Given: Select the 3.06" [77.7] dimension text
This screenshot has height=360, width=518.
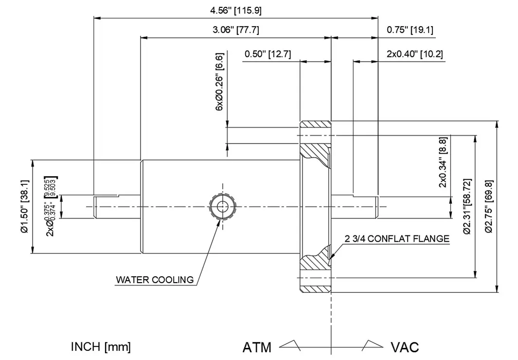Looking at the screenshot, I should click(x=235, y=30).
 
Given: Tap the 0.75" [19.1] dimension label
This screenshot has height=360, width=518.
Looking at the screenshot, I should click(x=410, y=30).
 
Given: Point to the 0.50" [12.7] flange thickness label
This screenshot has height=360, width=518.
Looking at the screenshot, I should click(x=268, y=54).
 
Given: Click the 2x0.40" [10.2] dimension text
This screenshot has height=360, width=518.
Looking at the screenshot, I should click(x=414, y=54).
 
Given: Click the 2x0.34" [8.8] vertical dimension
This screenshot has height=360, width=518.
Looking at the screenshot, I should click(x=443, y=162).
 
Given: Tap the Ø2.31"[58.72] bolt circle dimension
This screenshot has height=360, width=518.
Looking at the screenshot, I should click(x=467, y=206).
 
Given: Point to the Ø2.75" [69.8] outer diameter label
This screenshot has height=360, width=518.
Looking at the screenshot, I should click(x=489, y=206).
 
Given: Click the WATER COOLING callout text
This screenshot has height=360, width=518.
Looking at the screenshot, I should click(x=154, y=280).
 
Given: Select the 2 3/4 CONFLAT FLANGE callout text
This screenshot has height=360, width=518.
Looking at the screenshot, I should click(x=397, y=239).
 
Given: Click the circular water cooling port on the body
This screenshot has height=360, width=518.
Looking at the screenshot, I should click(x=222, y=206).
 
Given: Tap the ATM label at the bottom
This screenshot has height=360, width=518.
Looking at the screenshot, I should click(x=257, y=347).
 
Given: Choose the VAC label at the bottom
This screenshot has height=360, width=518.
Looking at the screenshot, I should click(x=405, y=347).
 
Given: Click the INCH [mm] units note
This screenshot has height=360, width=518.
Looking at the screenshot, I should click(x=101, y=347).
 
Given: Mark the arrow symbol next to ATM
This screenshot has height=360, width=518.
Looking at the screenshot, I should click(x=291, y=344).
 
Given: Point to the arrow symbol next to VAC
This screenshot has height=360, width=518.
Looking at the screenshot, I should click(x=372, y=344).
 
